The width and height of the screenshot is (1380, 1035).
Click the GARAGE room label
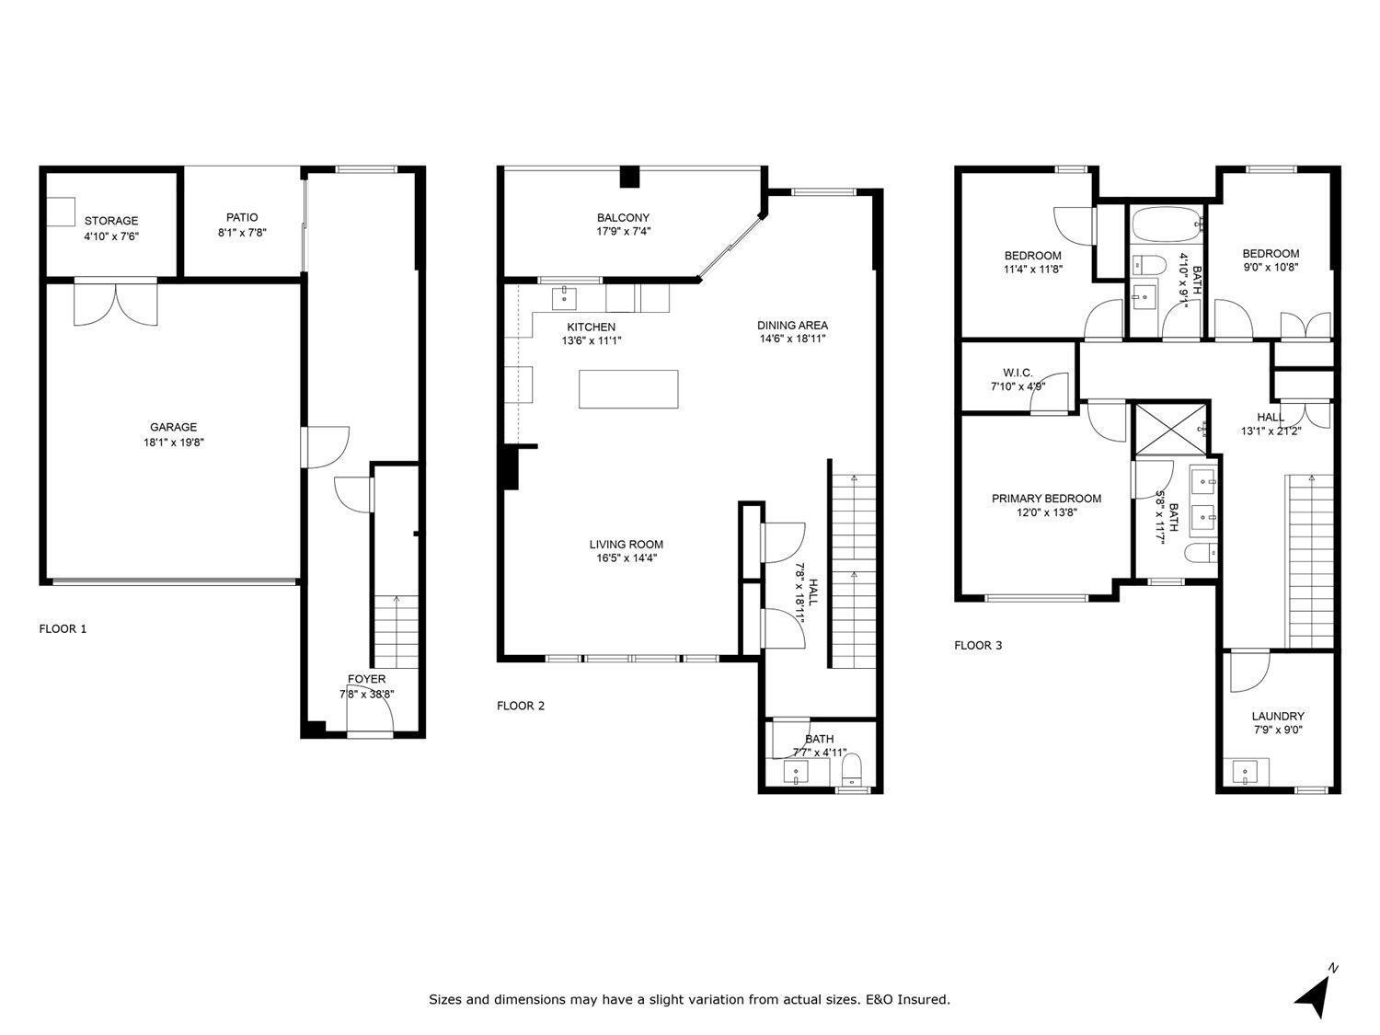click(174, 427)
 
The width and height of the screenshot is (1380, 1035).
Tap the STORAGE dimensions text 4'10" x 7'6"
click(111, 236)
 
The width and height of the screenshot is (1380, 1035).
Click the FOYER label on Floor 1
click(366, 679)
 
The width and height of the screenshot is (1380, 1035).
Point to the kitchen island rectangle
click(628, 388)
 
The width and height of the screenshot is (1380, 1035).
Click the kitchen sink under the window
click(563, 297)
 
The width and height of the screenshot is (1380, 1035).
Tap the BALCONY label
click(623, 218)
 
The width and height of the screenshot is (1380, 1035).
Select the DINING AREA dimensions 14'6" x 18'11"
click(792, 339)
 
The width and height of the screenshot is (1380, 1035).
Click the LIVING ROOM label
click(626, 544)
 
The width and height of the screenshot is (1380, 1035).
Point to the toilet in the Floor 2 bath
click(852, 768)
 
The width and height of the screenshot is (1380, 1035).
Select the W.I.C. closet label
click(1011, 373)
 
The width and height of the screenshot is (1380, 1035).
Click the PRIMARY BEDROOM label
click(1046, 499)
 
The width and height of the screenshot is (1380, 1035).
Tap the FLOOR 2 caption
click(521, 706)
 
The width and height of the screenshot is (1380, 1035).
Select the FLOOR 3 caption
click(978, 645)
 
